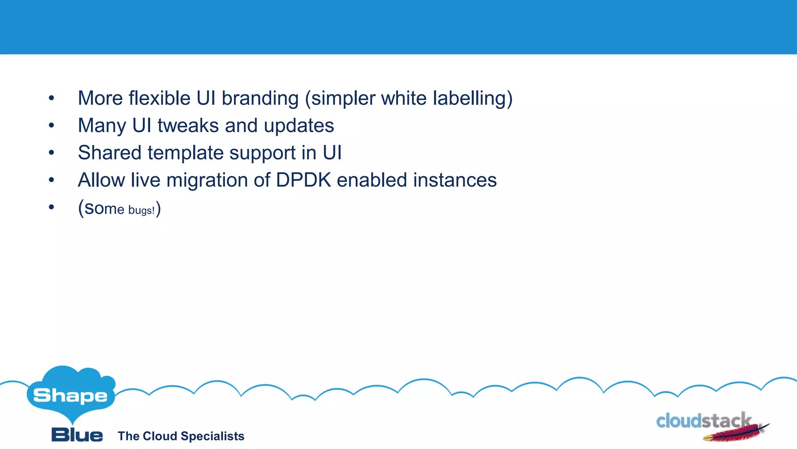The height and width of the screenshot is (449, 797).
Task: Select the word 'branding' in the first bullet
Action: pyautogui.click(x=260, y=98)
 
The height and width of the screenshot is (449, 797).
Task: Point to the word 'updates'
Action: pyautogui.click(x=299, y=126)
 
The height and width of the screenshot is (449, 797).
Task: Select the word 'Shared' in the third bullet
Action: pyautogui.click(x=109, y=153)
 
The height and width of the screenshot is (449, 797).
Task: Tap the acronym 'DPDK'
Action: pyautogui.click(x=303, y=180)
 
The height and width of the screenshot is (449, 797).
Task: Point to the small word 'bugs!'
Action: pyautogui.click(x=141, y=210)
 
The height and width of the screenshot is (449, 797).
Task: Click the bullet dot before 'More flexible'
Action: pyautogui.click(x=51, y=98)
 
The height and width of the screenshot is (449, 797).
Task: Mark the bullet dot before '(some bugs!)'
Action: pyautogui.click(x=51, y=207)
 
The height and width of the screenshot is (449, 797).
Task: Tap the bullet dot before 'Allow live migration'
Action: pyautogui.click(x=51, y=180)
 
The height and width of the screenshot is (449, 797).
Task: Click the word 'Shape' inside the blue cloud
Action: pyautogui.click(x=70, y=396)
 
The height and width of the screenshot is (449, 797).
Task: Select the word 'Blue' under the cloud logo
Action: pyautogui.click(x=77, y=435)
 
